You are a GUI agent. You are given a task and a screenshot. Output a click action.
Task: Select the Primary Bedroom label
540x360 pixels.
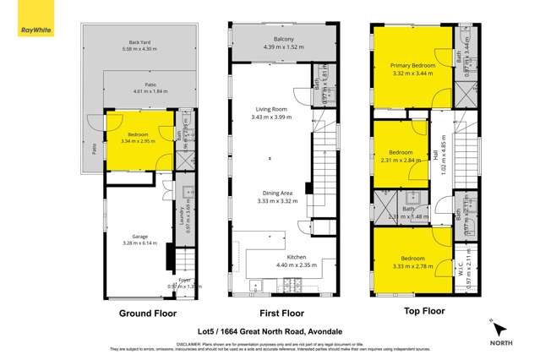(x=412, y=65)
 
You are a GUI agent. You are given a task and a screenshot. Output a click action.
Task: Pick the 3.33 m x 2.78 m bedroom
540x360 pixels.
(x=412, y=259)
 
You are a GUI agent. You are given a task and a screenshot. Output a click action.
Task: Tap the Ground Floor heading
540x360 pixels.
(x=148, y=313)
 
